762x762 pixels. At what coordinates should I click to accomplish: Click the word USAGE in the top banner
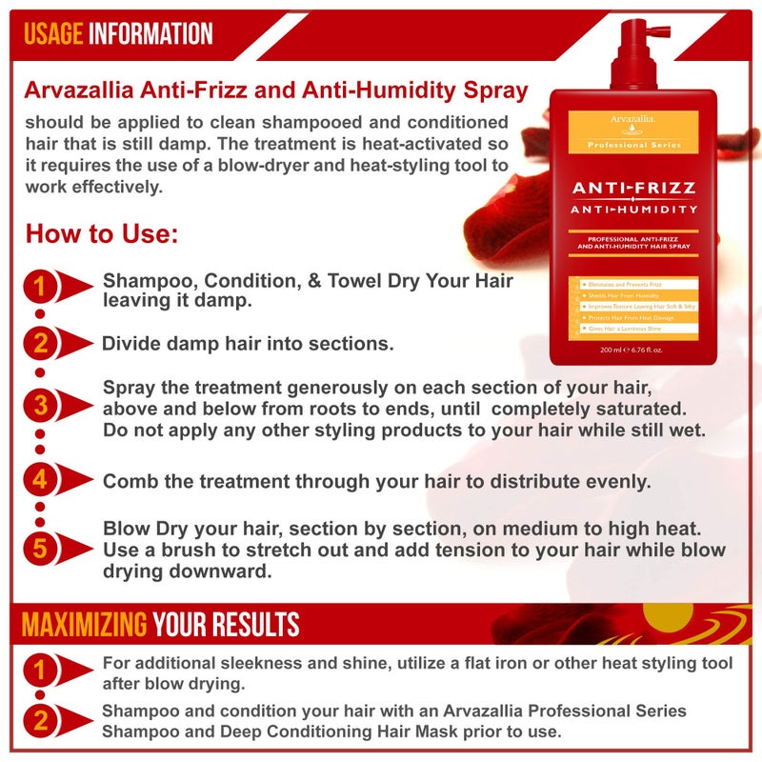pos(53,33)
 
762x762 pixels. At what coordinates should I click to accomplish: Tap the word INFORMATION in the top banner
pos(150,33)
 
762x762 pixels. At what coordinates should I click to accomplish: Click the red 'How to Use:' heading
pos(102,234)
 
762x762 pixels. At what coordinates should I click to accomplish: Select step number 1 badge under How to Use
pos(40,287)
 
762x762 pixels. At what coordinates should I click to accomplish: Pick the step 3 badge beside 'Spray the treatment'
pos(40,405)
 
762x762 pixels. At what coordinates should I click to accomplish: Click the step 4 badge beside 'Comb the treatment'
pos(40,479)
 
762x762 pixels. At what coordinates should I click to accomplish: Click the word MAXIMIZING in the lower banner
pos(84,625)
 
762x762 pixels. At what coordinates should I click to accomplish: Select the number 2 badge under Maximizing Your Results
pos(40,721)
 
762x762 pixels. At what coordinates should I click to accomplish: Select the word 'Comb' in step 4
pos(128,481)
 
